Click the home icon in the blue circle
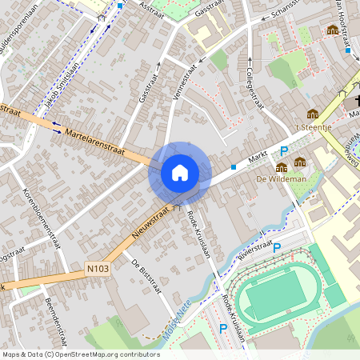point(180,172)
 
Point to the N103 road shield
point(97,269)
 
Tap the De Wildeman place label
point(282,179)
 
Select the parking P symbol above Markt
point(283,151)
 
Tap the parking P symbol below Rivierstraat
point(277,248)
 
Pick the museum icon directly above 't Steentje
point(313,114)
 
